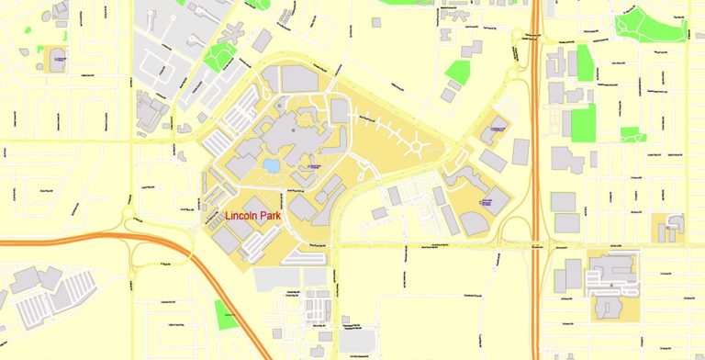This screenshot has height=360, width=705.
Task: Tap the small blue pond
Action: pos(271,165)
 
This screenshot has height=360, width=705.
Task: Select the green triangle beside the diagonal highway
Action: pos(226,314)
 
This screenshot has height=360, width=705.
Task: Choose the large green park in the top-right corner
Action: pos(649,28)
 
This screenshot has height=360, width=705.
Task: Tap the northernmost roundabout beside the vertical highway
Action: pos(530,36)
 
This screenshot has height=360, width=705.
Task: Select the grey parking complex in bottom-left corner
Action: pos(37,298)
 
